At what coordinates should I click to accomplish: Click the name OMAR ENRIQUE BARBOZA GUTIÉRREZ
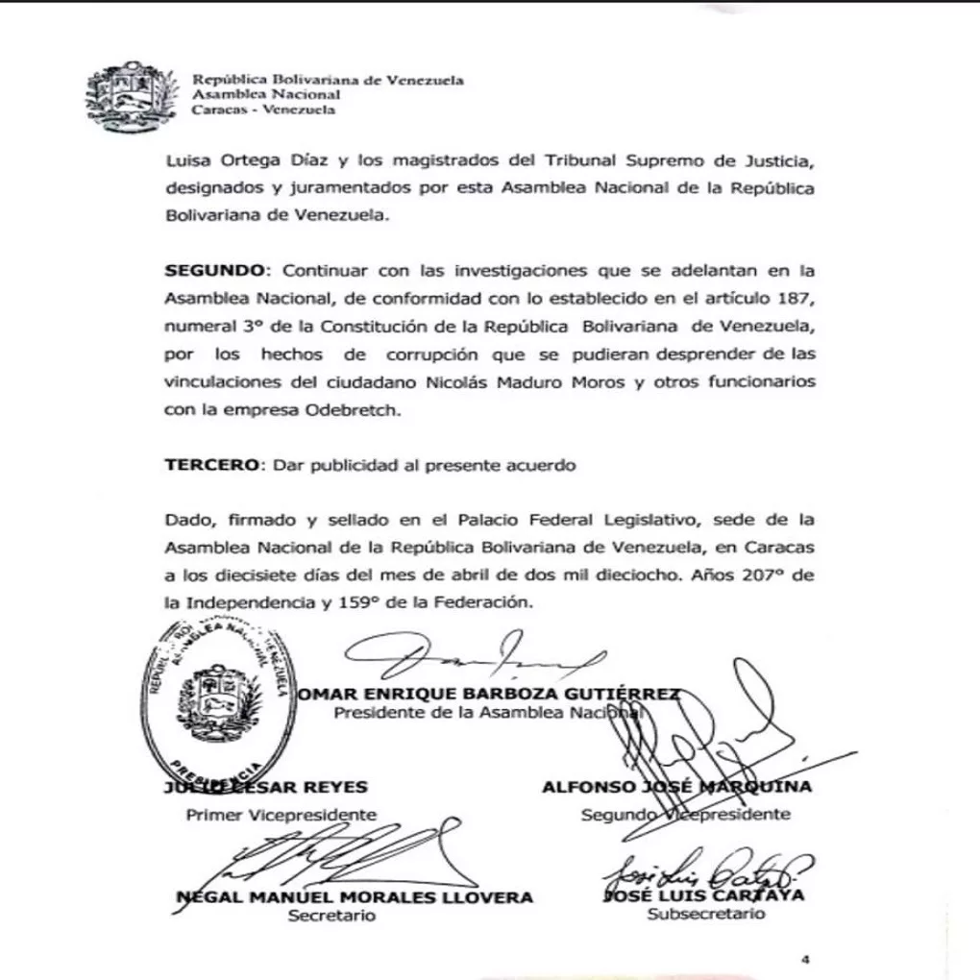[490, 694]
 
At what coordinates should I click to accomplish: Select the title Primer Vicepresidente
[281, 814]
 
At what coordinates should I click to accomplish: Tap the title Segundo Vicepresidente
[686, 814]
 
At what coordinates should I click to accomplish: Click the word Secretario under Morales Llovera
[331, 916]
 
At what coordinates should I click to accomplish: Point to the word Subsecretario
[706, 914]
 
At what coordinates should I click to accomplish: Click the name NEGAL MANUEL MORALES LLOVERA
[355, 896]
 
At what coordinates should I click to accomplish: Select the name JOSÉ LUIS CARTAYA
[703, 895]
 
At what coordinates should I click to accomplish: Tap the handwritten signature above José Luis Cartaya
[706, 869]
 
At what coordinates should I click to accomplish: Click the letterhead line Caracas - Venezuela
[263, 110]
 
